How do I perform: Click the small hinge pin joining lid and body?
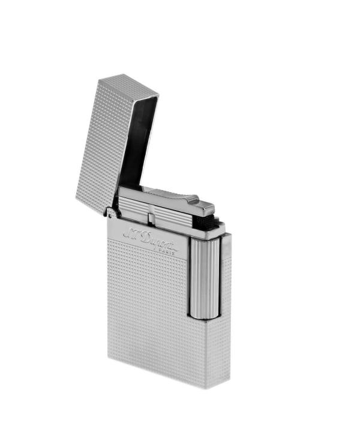pos(110,211)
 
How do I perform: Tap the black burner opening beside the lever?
pos(213,224)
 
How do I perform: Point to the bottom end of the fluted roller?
pos(204,315)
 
